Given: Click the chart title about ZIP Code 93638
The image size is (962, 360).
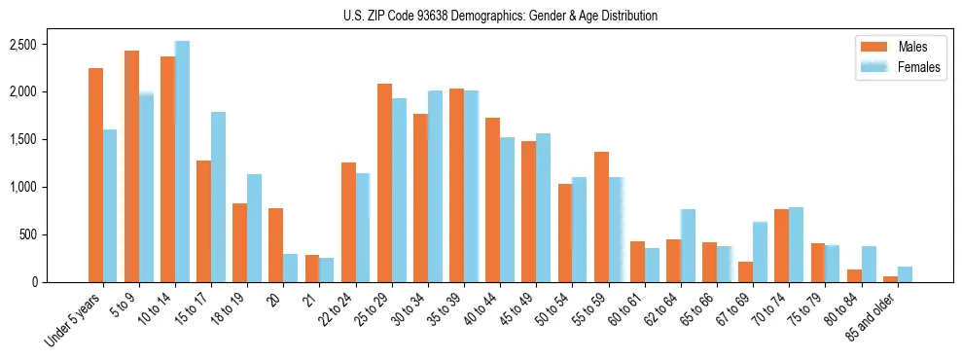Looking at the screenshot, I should tap(500, 16).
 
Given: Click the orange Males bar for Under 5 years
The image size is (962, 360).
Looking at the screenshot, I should tap(95, 175).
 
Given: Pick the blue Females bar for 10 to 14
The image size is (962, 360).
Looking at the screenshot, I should tap(182, 162).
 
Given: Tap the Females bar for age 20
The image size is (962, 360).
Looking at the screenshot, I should tap(291, 268).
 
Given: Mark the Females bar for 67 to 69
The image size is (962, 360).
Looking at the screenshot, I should tap(760, 252).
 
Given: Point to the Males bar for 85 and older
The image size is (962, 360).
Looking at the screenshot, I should tap(890, 279).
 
